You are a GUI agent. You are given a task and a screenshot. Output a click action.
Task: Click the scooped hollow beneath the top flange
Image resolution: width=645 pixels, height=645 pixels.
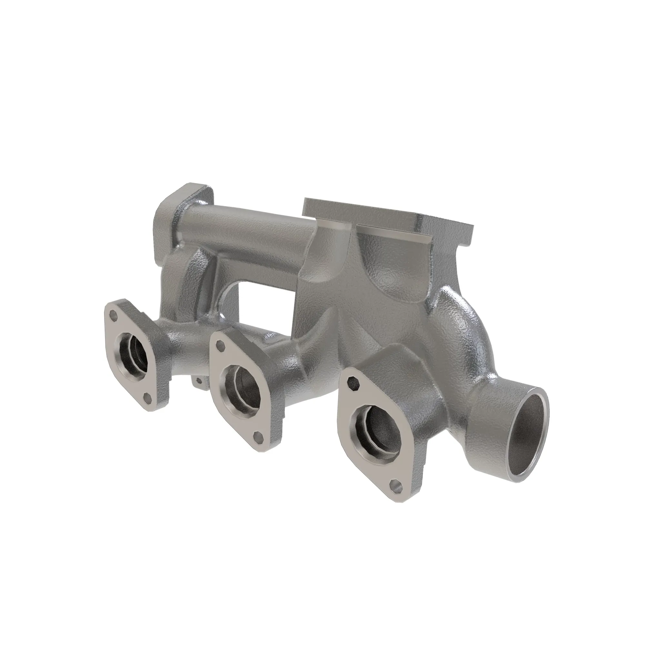tap(387, 264)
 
